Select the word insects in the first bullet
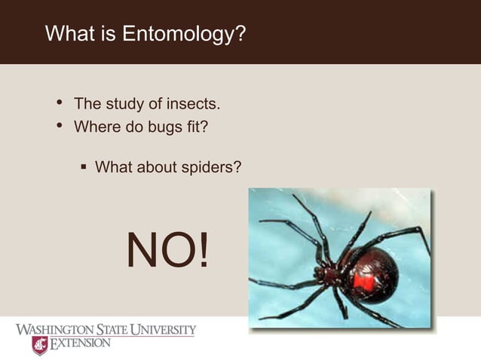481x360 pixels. [x=191, y=103]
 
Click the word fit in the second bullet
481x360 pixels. [x=198, y=127]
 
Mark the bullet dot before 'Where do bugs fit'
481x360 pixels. [x=60, y=127]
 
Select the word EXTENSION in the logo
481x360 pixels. [x=81, y=344]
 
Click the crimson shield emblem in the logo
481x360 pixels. [x=39, y=345]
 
